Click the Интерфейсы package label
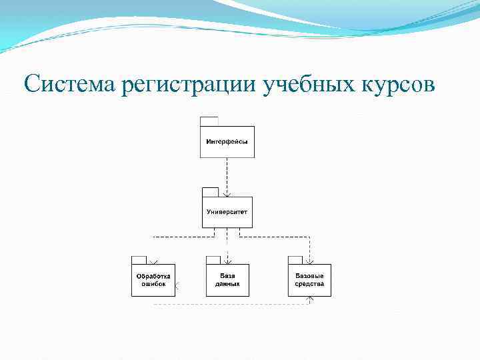227,141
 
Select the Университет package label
227,212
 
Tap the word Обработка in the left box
153,276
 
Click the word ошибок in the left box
153,284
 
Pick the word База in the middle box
227,276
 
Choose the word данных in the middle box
227,284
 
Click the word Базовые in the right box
309,276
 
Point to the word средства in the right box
309,284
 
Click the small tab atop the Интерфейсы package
209,121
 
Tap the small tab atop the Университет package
211,193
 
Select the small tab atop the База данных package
213,260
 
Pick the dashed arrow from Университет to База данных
227,245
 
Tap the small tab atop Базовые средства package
295,260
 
